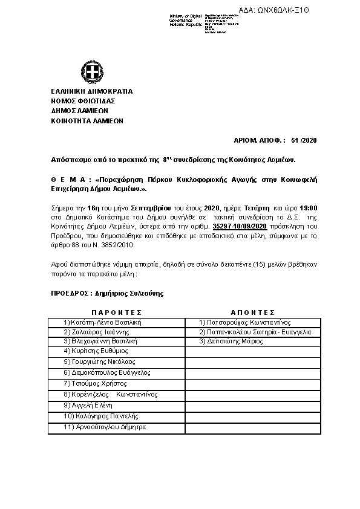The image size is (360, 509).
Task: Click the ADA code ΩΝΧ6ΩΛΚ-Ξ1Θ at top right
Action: [325, 10]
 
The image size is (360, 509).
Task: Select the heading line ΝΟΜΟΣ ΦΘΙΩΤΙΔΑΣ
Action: [83, 101]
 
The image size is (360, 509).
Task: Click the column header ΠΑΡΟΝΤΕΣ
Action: [116, 313]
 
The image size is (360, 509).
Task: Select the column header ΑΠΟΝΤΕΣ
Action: [254, 313]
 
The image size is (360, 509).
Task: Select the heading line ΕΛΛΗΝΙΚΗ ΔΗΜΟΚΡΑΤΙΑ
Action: [91, 91]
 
